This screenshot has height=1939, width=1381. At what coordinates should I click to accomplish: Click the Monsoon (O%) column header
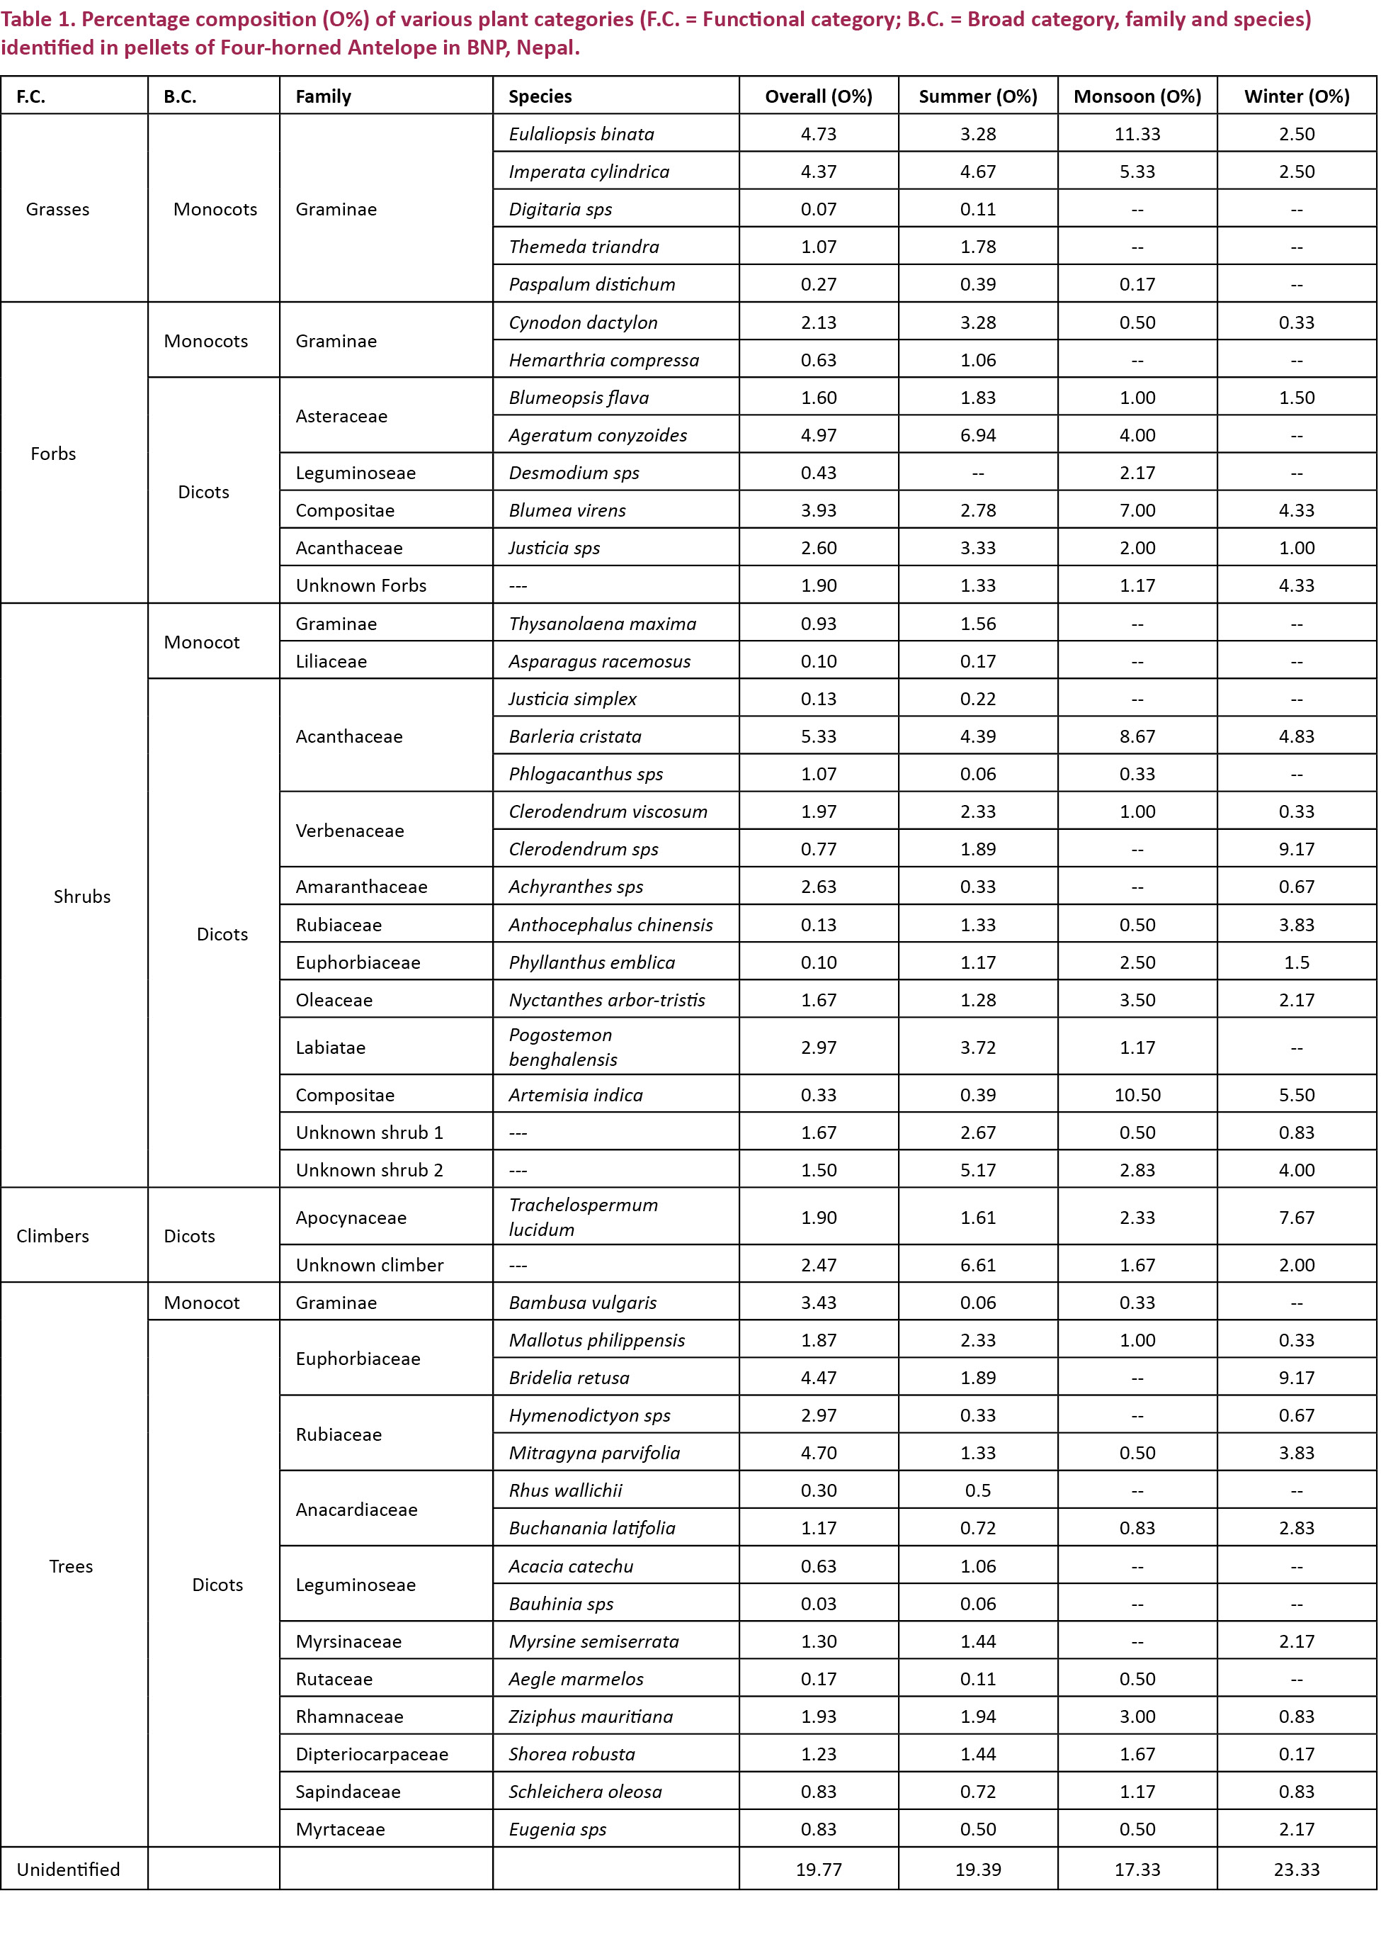tap(1137, 96)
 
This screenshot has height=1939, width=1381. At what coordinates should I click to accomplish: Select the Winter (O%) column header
tap(1296, 96)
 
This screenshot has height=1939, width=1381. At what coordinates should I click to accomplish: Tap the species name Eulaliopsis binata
tap(581, 133)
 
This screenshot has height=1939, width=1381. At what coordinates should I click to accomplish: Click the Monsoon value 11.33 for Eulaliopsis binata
tap(1137, 133)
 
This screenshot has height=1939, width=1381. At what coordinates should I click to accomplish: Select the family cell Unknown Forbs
tap(361, 585)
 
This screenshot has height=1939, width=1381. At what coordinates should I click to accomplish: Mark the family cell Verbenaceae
tap(350, 831)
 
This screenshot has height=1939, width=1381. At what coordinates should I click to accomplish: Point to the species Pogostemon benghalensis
tap(563, 1047)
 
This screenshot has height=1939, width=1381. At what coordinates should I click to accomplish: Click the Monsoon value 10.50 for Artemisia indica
tap(1137, 1095)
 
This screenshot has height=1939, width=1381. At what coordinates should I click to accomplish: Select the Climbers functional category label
tap(52, 1235)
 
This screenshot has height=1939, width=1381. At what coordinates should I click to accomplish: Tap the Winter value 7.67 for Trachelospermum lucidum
tap(1296, 1218)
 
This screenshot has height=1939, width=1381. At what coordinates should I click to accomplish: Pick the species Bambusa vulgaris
tap(583, 1303)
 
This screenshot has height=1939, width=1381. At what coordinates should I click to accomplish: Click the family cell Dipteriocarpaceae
tap(372, 1753)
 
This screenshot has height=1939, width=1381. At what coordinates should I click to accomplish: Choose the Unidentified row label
tap(68, 1870)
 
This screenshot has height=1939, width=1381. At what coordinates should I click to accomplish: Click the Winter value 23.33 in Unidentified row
tap(1296, 1870)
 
